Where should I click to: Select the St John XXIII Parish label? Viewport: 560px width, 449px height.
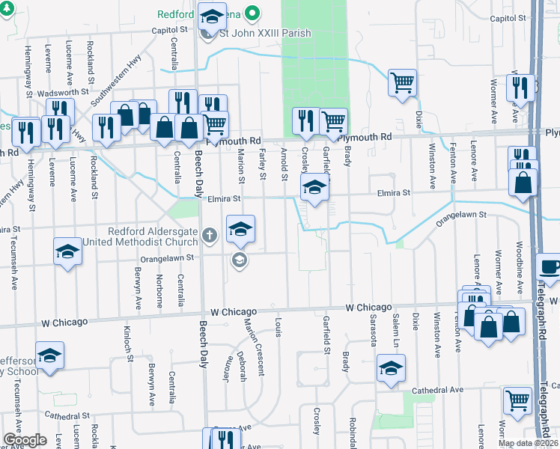coord(265,33)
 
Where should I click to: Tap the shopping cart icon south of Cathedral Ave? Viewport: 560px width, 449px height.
coord(518,400)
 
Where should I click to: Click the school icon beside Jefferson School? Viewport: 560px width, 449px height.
coord(50,355)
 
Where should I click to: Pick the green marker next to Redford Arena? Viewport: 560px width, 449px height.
coord(252,13)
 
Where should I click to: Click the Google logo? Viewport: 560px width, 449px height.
coord(24,440)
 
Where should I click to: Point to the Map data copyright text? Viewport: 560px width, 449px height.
coord(528,443)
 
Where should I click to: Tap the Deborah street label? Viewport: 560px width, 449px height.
coord(241,366)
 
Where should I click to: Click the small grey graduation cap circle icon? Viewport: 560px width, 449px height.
coord(239,260)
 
